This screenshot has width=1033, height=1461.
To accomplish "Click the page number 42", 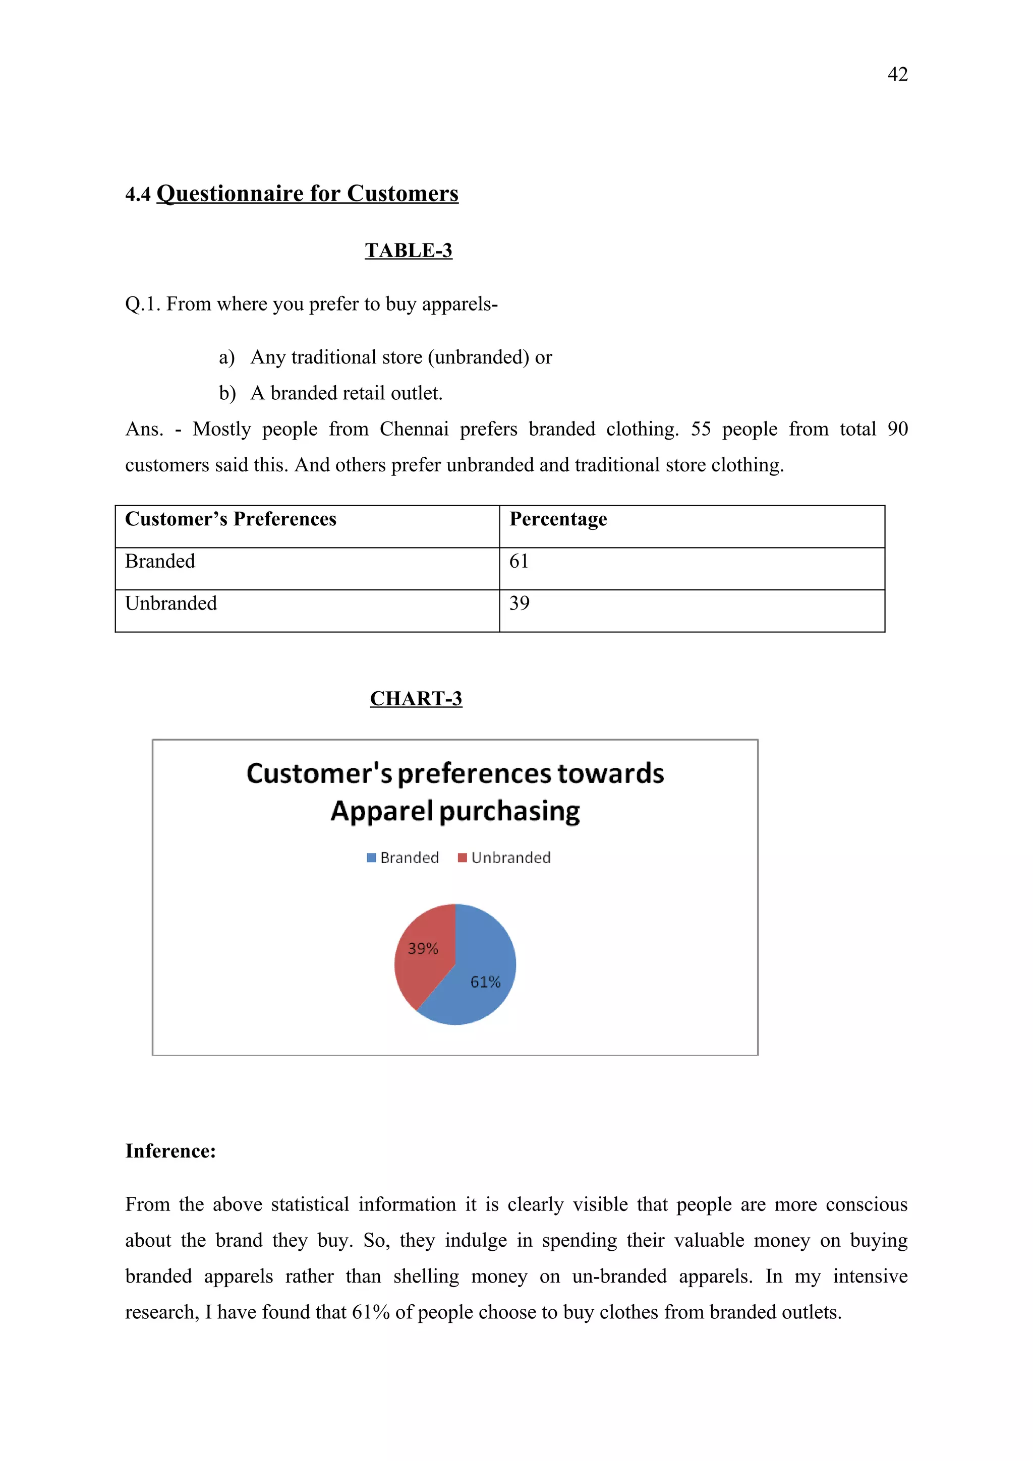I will (897, 75).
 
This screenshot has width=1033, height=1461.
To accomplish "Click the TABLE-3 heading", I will (408, 250).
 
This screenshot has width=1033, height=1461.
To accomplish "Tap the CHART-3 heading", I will (416, 698).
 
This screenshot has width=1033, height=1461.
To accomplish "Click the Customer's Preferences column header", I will (231, 519).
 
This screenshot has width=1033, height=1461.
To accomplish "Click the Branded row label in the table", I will (160, 561).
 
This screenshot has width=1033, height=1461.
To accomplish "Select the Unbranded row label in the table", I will (170, 603).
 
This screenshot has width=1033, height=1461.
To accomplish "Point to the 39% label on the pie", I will (423, 949).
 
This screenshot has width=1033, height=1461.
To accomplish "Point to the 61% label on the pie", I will (485, 982).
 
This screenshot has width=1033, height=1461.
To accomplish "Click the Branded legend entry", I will (403, 858).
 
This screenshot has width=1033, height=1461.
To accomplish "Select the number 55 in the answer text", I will (700, 429).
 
